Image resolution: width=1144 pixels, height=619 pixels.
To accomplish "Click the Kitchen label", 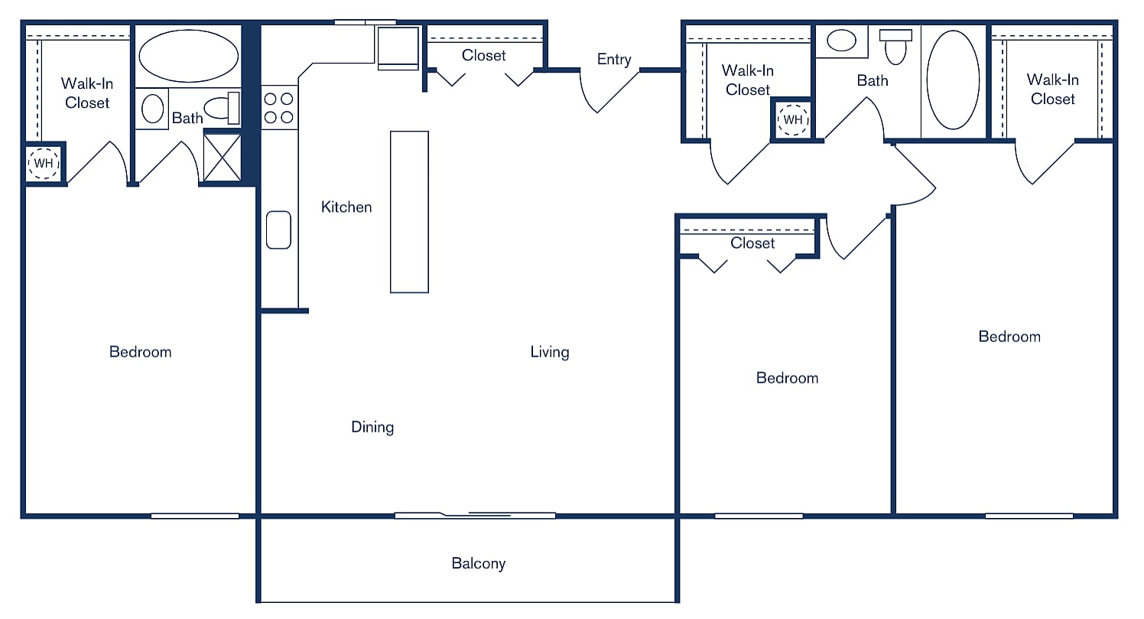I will click(x=346, y=207).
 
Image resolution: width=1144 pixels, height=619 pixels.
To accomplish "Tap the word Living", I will click(x=550, y=352).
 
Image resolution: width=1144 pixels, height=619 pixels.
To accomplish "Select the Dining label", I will click(x=372, y=427).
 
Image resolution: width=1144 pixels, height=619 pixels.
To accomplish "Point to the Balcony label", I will click(x=478, y=564).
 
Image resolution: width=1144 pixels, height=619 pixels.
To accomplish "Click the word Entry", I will click(x=614, y=60).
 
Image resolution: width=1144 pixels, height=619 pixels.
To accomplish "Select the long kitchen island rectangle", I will click(x=409, y=212).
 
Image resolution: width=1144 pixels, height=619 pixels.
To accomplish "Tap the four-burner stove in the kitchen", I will click(x=279, y=108).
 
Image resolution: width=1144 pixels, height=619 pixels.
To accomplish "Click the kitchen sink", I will click(x=278, y=230).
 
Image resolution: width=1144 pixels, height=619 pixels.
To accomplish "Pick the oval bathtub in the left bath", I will click(x=188, y=57).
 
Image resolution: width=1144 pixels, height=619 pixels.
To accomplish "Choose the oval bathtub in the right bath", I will click(x=953, y=80).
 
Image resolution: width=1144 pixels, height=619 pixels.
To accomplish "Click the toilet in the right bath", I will click(x=895, y=47).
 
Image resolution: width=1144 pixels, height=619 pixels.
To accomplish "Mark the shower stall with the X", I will click(x=223, y=157).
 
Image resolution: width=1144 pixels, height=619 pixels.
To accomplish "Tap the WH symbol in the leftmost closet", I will click(x=43, y=164).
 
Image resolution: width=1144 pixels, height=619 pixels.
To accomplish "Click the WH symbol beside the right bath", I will click(x=793, y=120).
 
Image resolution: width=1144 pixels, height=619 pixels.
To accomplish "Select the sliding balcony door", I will click(x=475, y=515).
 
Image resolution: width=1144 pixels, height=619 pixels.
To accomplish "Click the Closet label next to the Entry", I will click(x=484, y=55).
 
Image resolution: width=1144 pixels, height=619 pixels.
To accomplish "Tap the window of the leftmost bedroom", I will click(x=195, y=516).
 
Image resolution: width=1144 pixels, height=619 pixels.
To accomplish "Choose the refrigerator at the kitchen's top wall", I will click(x=398, y=48).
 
